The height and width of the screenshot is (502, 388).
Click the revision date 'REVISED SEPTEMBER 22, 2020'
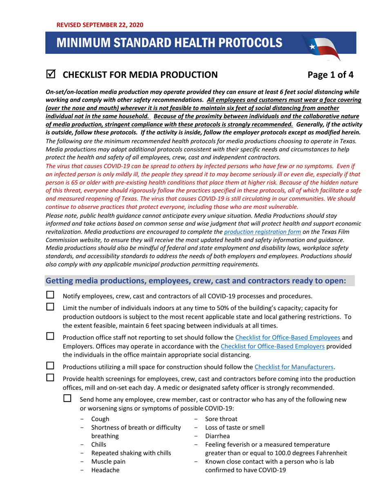(x=100, y=25)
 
